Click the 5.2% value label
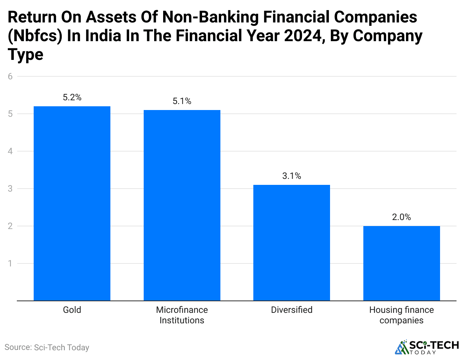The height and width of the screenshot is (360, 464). click(x=72, y=98)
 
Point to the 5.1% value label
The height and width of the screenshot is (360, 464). click(x=182, y=101)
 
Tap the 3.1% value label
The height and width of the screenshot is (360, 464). click(x=291, y=176)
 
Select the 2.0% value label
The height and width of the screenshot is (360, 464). click(x=402, y=217)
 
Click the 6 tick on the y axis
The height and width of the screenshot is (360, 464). click(x=10, y=77)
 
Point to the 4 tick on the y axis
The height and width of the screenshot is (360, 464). click(x=10, y=152)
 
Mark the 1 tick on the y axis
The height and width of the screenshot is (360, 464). click(x=10, y=264)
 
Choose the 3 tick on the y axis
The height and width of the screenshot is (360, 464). click(x=10, y=189)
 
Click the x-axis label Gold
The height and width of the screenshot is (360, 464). click(x=72, y=310)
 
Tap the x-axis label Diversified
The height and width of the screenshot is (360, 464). click(x=291, y=310)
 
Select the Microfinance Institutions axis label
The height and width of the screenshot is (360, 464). click(x=182, y=315)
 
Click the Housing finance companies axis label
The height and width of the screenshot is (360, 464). click(x=402, y=315)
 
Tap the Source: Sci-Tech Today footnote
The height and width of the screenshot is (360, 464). click(x=47, y=347)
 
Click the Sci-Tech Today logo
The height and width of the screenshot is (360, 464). click(x=427, y=347)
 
